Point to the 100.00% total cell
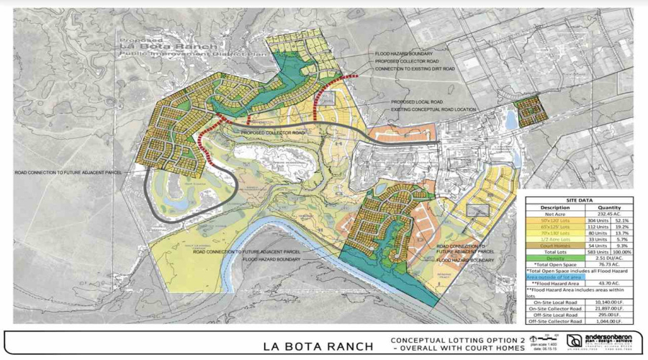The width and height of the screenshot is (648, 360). coord(620,253)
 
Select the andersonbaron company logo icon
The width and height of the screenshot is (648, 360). coord(574,341)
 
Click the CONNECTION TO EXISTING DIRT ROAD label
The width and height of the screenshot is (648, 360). coord(416,68)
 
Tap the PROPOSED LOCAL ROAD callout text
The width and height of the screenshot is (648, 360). coord(417,102)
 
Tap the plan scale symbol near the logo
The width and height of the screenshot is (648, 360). coord(545,338)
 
